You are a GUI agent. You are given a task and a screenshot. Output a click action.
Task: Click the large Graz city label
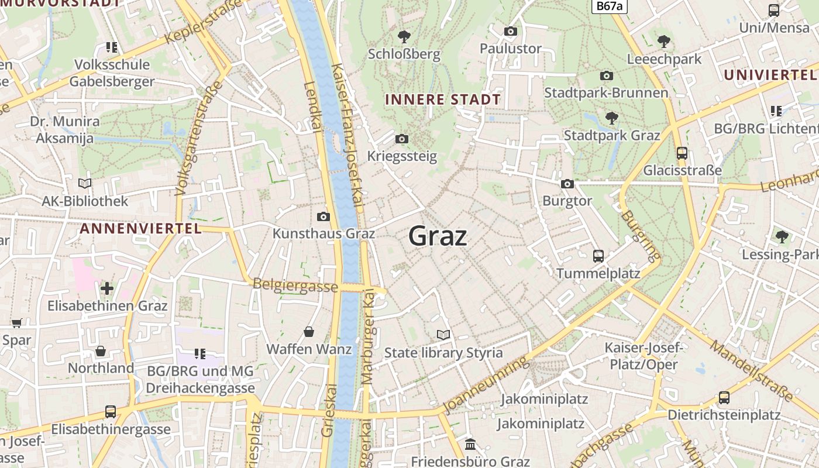[438, 236]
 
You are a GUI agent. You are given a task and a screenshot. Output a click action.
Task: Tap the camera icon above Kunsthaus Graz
[324, 217]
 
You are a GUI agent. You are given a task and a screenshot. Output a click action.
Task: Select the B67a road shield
[609, 6]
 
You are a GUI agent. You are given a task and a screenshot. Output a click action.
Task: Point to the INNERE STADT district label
[443, 99]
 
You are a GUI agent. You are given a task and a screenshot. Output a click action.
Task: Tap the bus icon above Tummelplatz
[598, 256]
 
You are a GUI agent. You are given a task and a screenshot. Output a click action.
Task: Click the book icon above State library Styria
[443, 335]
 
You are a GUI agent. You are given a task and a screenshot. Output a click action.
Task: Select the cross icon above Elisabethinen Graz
[107, 288]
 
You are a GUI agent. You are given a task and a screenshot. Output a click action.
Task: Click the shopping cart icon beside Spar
[17, 323]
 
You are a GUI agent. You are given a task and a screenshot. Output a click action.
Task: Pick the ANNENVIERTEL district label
[140, 229]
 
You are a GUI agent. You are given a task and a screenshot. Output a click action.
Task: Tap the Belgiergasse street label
[295, 285]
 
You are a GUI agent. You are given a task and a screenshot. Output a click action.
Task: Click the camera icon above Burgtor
[567, 184]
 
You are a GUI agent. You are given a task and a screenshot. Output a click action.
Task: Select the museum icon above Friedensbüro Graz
[470, 445]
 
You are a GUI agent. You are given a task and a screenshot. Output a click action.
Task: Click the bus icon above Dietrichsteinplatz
[724, 398]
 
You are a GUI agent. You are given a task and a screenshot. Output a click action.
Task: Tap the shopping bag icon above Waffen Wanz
[309, 332]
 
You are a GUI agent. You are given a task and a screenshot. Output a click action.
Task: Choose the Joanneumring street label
[485, 386]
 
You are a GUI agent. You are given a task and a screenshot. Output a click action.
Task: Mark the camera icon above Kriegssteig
[402, 139]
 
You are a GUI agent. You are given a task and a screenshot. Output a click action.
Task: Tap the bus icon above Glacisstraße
[682, 153]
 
